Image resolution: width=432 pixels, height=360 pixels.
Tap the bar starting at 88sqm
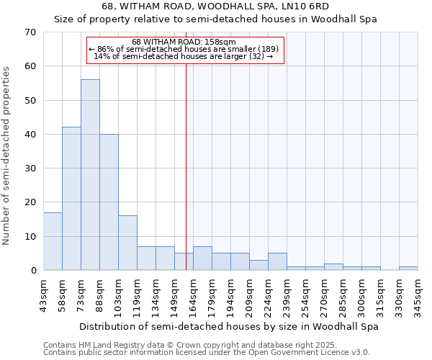(109, 202)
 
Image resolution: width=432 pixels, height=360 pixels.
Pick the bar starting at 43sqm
(53, 241)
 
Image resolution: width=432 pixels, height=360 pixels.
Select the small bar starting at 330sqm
(408, 269)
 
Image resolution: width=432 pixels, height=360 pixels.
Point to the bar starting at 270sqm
(333, 267)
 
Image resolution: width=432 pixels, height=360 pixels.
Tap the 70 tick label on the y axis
(30, 32)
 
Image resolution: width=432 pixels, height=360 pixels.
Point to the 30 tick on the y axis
(30, 168)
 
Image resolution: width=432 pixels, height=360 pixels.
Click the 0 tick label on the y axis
(33, 271)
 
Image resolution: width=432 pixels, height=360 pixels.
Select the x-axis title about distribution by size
(228, 327)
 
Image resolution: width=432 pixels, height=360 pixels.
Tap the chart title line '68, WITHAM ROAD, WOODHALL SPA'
(215, 6)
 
